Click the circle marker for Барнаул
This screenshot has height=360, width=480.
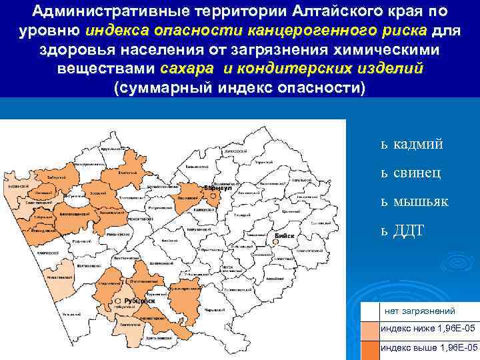tap(212, 196)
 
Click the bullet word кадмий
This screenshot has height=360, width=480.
tap(418, 144)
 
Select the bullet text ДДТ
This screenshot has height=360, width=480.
tap(408, 230)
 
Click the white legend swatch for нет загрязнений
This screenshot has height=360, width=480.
tap(369, 311)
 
